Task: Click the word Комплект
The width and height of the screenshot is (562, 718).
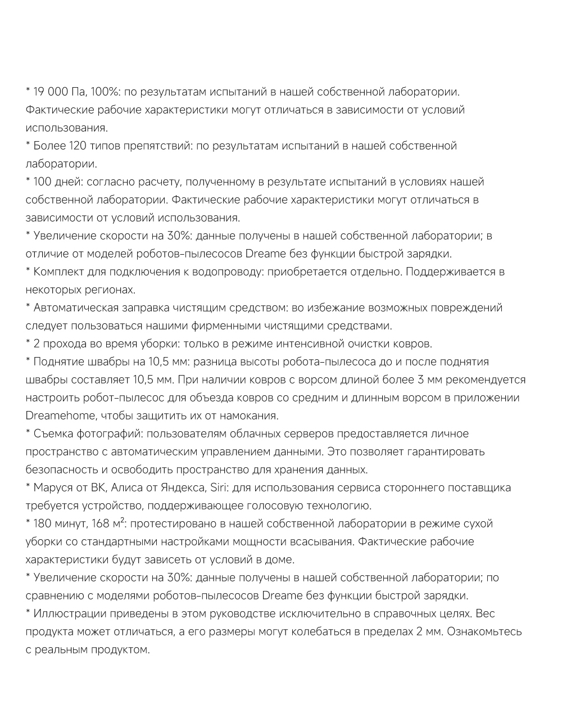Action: pyautogui.click(x=60, y=272)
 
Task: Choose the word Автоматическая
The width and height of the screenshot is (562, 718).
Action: pyautogui.click(x=75, y=308)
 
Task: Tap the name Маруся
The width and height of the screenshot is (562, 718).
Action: pyautogui.click(x=54, y=487)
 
